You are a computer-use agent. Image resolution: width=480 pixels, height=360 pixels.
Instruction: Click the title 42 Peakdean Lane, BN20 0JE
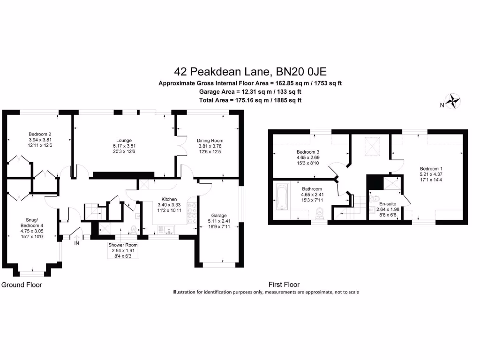tap(250, 72)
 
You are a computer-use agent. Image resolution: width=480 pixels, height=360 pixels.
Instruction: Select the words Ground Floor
tap(22, 285)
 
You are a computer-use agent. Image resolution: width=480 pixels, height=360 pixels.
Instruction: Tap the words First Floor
tap(284, 285)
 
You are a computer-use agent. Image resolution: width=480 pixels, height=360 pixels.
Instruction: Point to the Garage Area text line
tap(250, 92)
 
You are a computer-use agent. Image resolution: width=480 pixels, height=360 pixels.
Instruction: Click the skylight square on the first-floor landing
tap(373, 145)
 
